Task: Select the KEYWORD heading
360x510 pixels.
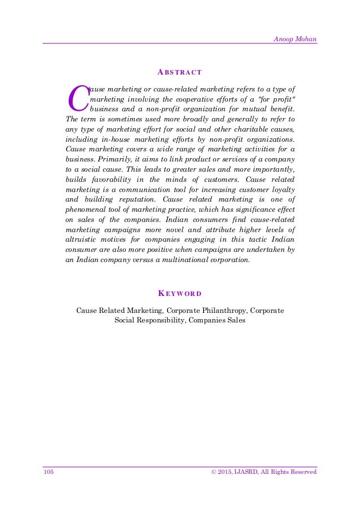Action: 180,294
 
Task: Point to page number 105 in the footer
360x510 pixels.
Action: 48,472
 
